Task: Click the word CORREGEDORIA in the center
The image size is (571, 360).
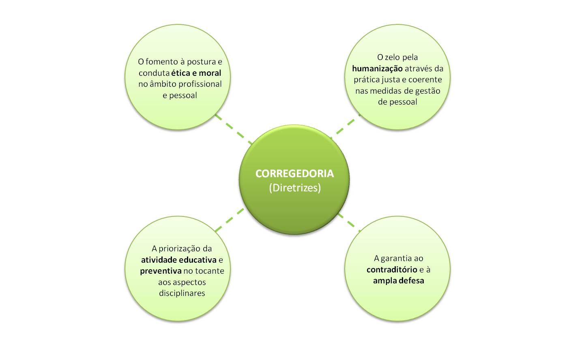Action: (294, 174)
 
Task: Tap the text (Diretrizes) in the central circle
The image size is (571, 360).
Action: (294, 188)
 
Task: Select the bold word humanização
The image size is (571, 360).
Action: (377, 69)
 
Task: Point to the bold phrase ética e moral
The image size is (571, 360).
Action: (196, 73)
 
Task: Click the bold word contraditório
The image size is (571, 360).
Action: (392, 270)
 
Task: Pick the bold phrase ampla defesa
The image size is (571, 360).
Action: (398, 281)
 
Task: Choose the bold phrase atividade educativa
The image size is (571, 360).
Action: (178, 260)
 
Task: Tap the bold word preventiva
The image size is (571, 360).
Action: (161, 271)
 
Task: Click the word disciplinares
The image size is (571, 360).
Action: (182, 293)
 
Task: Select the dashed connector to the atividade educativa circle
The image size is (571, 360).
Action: (229, 220)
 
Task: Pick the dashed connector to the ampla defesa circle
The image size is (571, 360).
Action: (348, 221)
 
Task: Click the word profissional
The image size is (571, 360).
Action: (198, 84)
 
